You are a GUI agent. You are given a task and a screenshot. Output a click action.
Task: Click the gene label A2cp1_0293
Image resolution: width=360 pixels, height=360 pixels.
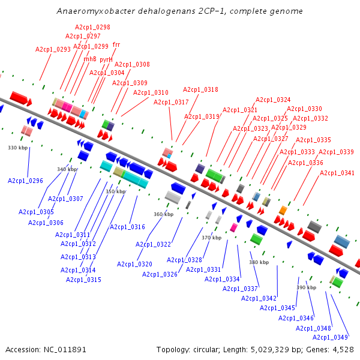coord(53,49)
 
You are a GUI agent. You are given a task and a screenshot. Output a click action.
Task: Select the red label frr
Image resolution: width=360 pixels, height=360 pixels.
coord(116,44)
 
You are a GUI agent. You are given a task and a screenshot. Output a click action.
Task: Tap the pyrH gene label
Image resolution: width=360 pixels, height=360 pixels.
coord(106,59)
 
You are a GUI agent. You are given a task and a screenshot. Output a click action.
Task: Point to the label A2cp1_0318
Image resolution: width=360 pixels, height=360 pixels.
coord(200,89)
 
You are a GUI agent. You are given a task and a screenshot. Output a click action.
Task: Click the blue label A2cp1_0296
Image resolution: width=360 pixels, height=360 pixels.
coord(25,181)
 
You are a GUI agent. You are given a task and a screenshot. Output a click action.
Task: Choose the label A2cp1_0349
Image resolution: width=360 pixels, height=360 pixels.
coord(330,337)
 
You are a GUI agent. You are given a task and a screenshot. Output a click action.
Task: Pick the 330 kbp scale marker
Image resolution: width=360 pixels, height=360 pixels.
coord(18,148)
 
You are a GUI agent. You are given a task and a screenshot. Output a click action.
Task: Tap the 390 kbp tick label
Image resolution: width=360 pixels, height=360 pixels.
coord(306,287)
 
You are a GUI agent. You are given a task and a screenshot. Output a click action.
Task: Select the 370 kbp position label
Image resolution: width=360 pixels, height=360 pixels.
coord(211,238)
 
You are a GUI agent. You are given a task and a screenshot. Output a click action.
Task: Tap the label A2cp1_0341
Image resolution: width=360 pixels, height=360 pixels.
coord(337,173)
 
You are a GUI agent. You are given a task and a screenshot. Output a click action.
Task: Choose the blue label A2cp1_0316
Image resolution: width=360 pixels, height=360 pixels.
coord(127,227)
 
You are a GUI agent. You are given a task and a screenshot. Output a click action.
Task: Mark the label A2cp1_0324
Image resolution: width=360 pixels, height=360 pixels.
coord(273,100)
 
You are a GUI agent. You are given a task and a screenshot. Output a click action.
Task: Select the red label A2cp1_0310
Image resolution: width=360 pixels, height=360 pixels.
coord(151,92)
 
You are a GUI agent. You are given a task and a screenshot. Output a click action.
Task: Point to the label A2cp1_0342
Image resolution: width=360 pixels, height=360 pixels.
coord(259,298)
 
